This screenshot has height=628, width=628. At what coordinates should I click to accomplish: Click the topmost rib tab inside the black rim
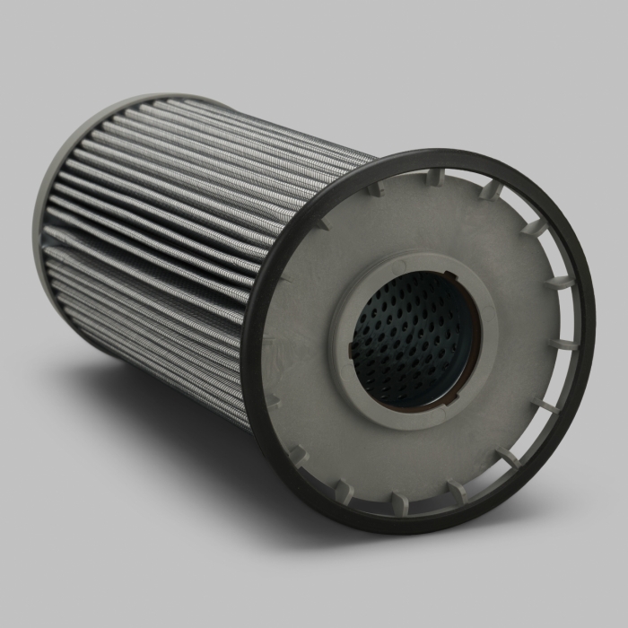click(433, 175)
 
